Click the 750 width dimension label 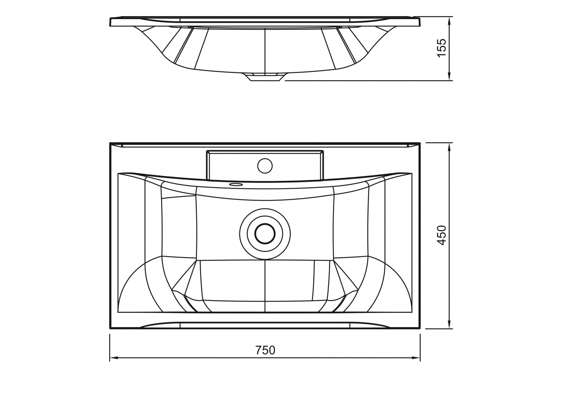pyautogui.click(x=265, y=350)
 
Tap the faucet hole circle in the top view pyautogui.click(x=265, y=166)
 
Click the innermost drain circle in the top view pyautogui.click(x=265, y=234)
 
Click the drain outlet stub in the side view pyautogui.click(x=265, y=77)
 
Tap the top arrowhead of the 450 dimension pyautogui.click(x=449, y=147)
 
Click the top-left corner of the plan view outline pyautogui.click(x=110, y=143)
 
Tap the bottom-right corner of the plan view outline pyautogui.click(x=420, y=328)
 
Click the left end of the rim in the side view pyautogui.click(x=110, y=22)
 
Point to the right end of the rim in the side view pyautogui.click(x=420, y=22)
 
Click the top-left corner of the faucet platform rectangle pyautogui.click(x=206, y=150)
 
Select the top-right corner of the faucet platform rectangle pyautogui.click(x=323, y=150)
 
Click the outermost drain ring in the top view pyautogui.click(x=265, y=234)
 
